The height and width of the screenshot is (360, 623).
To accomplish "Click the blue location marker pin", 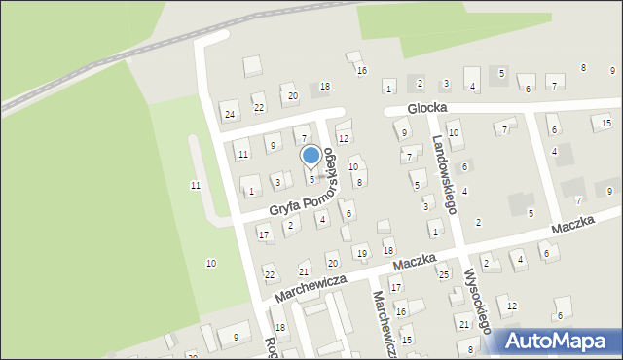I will coord(311,157).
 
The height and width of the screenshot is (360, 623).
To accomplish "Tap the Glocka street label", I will coord(426,110).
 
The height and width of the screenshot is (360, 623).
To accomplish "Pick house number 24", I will coord(230,115).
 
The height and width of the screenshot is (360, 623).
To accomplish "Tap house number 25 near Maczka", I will coord(443,275).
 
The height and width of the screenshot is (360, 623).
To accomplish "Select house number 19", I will coord(361,254).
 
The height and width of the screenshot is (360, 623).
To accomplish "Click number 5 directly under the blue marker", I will coord(311,179).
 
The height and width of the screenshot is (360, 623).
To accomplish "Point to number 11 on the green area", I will coord(196,185).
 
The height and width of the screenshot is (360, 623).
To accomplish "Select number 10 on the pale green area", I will coord(210,263).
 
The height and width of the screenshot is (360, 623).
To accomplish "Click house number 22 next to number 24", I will coord(258,108).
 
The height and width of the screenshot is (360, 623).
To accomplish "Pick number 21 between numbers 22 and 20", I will coord(304,271).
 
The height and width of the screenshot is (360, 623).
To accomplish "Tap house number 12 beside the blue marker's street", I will coord(343,139).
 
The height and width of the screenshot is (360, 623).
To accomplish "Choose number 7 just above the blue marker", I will coord(304,140).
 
